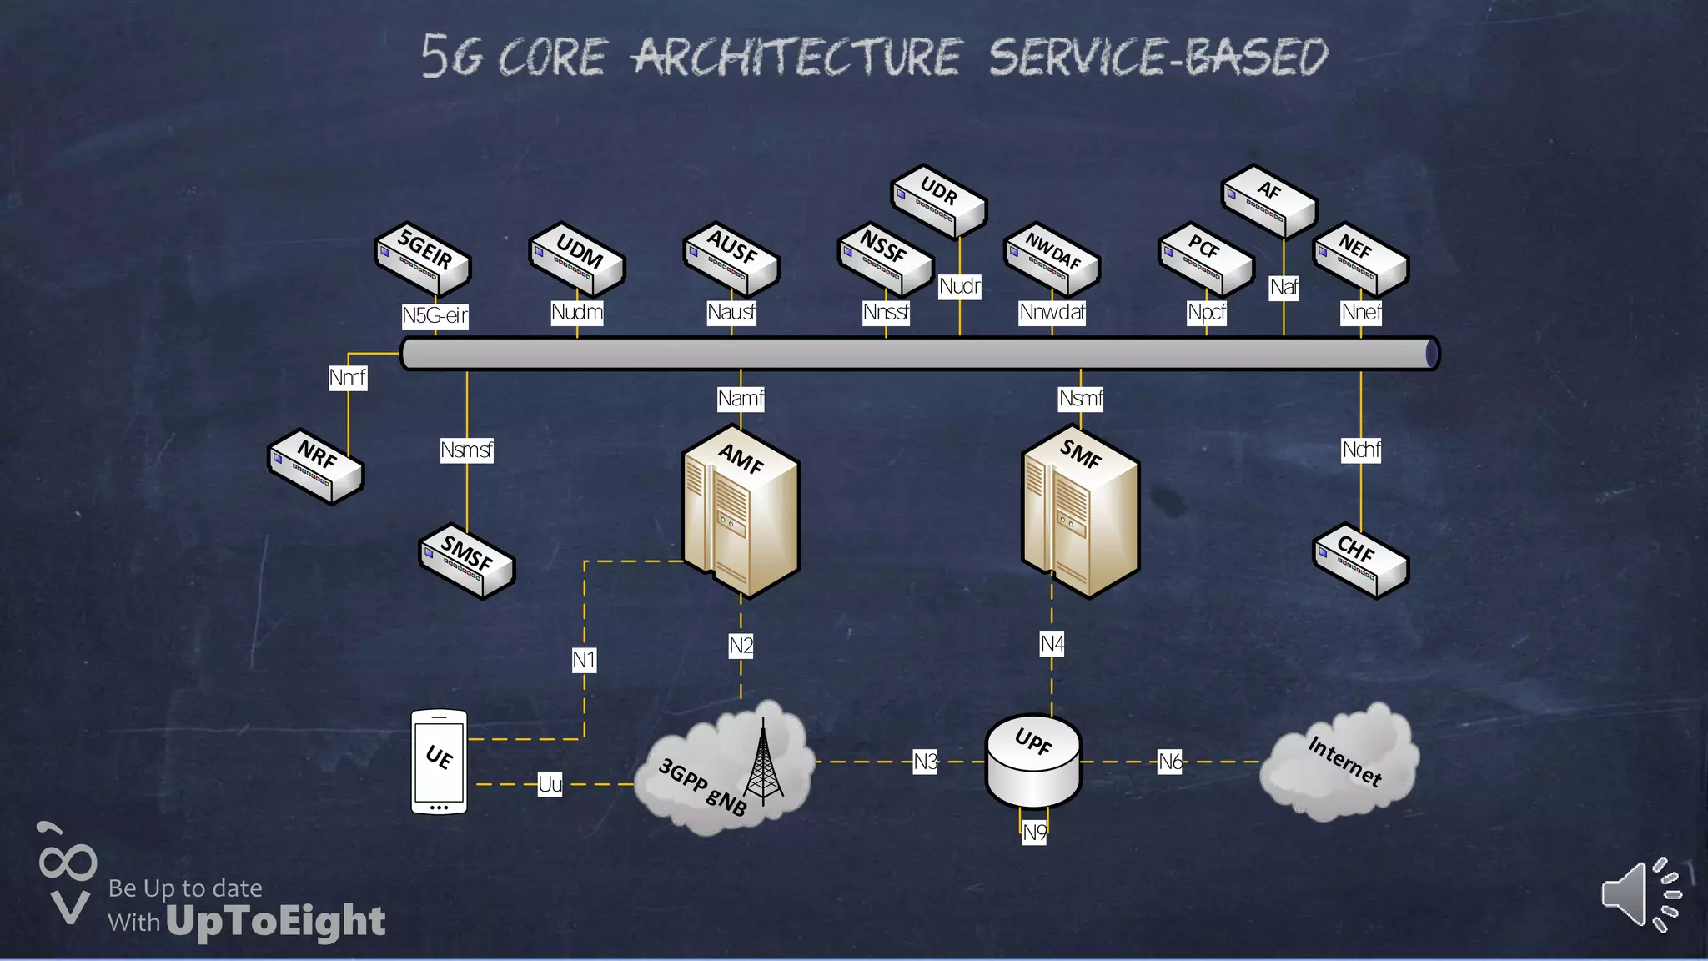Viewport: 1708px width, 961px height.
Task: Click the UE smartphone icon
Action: [x=439, y=761]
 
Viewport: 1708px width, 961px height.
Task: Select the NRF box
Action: [x=315, y=465]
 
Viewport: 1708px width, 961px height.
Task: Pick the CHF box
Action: [x=1360, y=559]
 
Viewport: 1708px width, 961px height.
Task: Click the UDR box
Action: [x=938, y=200]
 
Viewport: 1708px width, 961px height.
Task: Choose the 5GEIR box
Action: [x=423, y=259]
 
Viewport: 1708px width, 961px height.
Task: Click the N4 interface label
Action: [x=1052, y=644]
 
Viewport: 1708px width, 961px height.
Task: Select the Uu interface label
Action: [x=550, y=784]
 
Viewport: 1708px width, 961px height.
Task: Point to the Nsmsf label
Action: [x=466, y=450]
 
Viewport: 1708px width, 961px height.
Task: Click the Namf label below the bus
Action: [x=741, y=399]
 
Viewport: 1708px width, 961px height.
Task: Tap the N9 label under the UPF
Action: [x=1034, y=833]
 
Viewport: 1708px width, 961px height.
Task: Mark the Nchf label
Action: [x=1361, y=450]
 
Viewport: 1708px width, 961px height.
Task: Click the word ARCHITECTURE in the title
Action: [x=796, y=57]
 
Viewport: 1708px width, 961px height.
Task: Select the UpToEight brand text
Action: [x=275, y=922]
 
